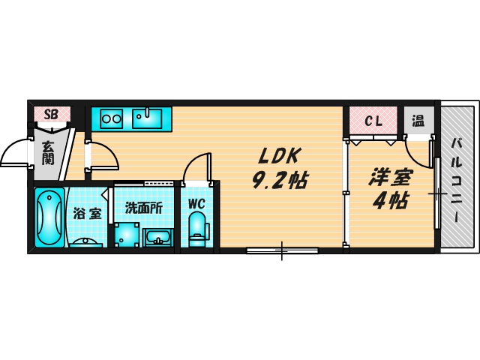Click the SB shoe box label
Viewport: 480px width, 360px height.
[51, 114]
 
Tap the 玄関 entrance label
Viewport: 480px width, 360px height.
[48, 153]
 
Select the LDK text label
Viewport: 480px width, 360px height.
[280, 157]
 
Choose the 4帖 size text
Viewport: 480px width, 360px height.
[389, 201]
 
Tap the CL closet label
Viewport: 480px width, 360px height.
[373, 120]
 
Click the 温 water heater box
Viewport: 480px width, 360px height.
[418, 119]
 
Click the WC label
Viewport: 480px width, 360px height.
[196, 203]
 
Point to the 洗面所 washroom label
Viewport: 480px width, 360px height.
[143, 208]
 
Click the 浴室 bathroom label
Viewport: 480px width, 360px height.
[86, 213]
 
